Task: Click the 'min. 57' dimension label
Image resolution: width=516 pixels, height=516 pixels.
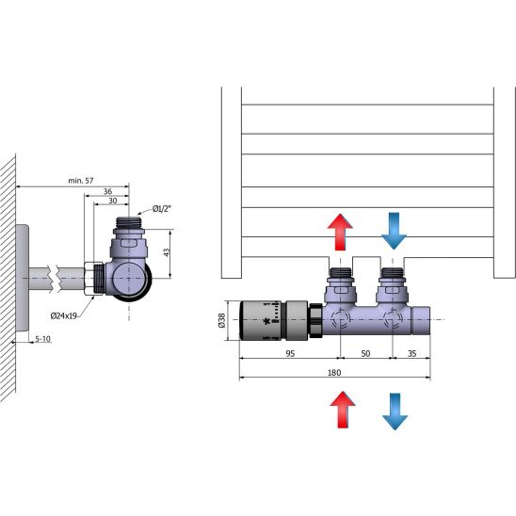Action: pyautogui.click(x=81, y=181)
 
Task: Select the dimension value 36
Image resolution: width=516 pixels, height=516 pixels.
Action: pyautogui.click(x=107, y=191)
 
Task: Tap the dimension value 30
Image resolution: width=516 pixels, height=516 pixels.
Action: pyautogui.click(x=113, y=201)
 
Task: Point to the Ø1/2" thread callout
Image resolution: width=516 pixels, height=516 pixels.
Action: pyautogui.click(x=162, y=209)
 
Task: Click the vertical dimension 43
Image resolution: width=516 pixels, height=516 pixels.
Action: pyautogui.click(x=167, y=252)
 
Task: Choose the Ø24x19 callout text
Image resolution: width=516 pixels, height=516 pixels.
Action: pyautogui.click(x=63, y=316)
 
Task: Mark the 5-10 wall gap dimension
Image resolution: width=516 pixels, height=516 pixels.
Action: pyautogui.click(x=42, y=339)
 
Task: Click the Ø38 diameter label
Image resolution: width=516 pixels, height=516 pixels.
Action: pyautogui.click(x=222, y=320)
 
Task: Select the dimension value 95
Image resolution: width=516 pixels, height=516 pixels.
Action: pyautogui.click(x=290, y=353)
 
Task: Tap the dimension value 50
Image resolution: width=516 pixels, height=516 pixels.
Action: pyautogui.click(x=365, y=353)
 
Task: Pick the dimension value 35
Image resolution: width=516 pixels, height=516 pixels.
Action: pyautogui.click(x=412, y=353)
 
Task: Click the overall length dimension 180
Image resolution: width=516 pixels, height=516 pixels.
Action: pyautogui.click(x=334, y=373)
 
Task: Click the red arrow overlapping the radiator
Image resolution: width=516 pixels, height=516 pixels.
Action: pyautogui.click(x=340, y=232)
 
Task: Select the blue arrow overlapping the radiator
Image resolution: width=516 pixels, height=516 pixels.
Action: pyautogui.click(x=394, y=231)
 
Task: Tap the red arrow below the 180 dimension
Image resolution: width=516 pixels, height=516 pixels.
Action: pyautogui.click(x=343, y=410)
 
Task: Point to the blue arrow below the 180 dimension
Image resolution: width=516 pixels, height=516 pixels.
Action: pyautogui.click(x=395, y=411)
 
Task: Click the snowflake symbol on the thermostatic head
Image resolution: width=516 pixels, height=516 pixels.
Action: pyautogui.click(x=266, y=321)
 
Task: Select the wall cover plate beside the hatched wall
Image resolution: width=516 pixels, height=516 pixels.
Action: pyautogui.click(x=22, y=278)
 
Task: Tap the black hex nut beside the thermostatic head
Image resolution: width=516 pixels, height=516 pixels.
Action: pyautogui.click(x=316, y=320)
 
